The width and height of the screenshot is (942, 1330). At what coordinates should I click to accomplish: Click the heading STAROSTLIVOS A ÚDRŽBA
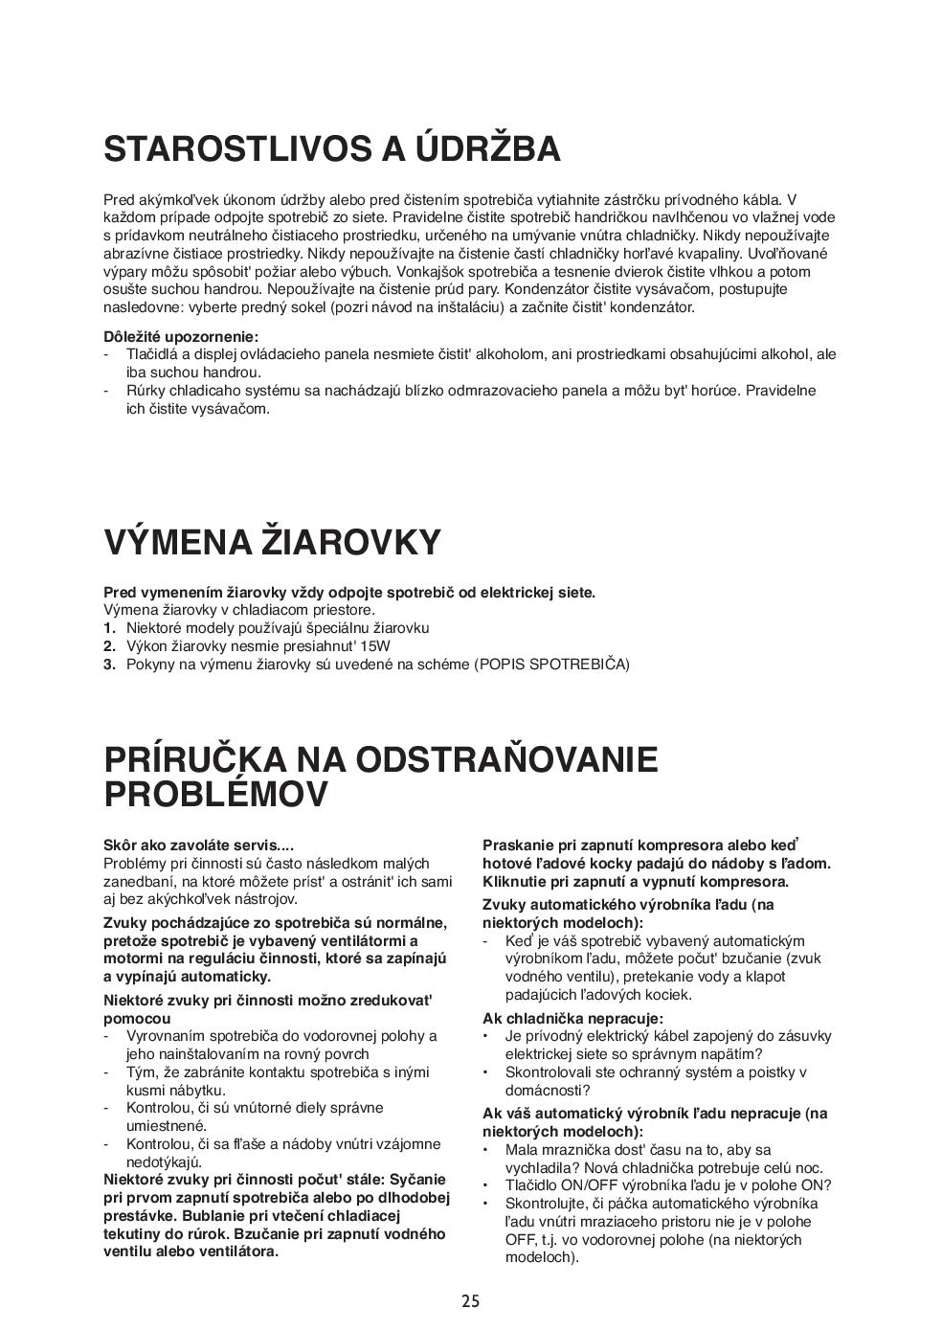pyautogui.click(x=331, y=149)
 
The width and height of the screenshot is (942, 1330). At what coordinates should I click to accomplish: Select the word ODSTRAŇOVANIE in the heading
pyautogui.click(x=506, y=759)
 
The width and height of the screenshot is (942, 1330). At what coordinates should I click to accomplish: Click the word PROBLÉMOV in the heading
pyautogui.click(x=215, y=795)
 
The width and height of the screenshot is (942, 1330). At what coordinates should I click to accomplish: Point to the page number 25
pyautogui.click(x=470, y=1300)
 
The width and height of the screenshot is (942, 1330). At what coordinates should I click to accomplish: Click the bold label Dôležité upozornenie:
pyautogui.click(x=181, y=337)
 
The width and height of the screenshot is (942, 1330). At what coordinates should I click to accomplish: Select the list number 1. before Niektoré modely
pyautogui.click(x=109, y=628)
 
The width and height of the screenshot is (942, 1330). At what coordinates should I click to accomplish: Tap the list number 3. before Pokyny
pyautogui.click(x=109, y=665)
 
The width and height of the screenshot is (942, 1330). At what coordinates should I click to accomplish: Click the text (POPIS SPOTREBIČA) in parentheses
pyautogui.click(x=552, y=665)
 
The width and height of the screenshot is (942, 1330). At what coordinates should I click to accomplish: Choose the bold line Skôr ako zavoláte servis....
pyautogui.click(x=198, y=845)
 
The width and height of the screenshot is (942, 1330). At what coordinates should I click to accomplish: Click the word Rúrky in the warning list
pyautogui.click(x=146, y=391)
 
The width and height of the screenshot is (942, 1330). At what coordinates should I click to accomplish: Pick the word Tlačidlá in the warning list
pyautogui.click(x=153, y=354)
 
